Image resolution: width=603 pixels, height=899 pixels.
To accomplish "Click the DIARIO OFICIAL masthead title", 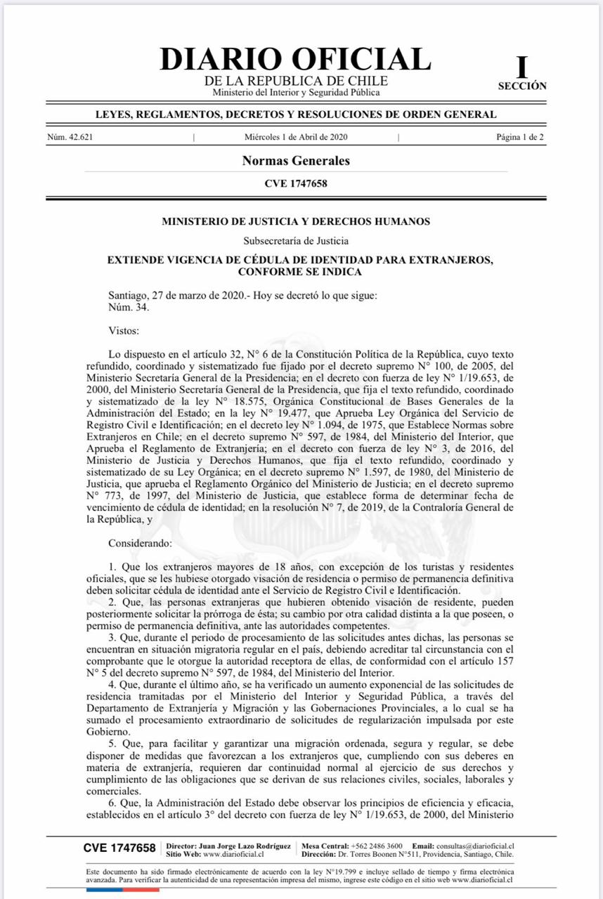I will point(295,58).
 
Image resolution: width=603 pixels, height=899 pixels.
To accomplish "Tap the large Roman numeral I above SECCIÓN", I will point(521,67).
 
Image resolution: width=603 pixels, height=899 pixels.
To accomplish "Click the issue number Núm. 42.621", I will point(70,137).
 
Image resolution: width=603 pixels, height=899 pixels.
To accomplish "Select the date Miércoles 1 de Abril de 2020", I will point(296,137).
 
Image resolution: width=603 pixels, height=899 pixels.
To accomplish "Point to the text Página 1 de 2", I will point(519,137).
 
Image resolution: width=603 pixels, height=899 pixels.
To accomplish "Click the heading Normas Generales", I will point(296,161).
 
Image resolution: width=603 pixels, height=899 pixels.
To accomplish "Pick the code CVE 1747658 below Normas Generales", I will point(296,184).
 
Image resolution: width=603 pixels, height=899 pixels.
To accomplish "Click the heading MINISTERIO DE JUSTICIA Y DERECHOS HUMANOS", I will point(296,221).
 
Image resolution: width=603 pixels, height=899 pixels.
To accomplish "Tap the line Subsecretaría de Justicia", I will point(296,241).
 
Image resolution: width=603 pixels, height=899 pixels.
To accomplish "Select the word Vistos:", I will point(124,329).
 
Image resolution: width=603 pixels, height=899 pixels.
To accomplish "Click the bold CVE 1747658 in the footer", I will point(119,848).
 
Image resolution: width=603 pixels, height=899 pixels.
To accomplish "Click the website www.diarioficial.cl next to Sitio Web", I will point(233,855).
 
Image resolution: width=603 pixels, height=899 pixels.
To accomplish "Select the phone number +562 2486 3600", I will point(377,846).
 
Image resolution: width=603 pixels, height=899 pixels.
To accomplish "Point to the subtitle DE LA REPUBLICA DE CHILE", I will point(296,81).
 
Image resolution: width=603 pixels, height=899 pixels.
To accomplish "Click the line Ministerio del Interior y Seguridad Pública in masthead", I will point(296,93).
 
